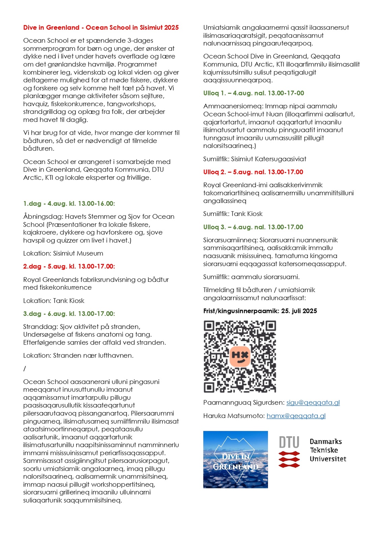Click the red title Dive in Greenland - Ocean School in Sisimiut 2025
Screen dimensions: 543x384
pyautogui.click(x=101, y=28)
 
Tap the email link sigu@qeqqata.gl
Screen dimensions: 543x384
pyautogui.click(x=313, y=403)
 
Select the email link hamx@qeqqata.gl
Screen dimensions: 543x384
pyautogui.click(x=296, y=416)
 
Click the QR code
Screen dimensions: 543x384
pyautogui.click(x=240, y=356)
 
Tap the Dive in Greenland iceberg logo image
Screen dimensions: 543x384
pyautogui.click(x=235, y=459)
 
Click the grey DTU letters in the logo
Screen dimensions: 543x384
pyautogui.click(x=289, y=442)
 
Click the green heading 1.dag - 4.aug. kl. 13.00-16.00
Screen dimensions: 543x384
pyautogui.click(x=69, y=203)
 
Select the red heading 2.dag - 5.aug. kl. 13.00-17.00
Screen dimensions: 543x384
pyautogui.click(x=69, y=266)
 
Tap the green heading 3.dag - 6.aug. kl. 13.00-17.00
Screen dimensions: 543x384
pyautogui.click(x=69, y=314)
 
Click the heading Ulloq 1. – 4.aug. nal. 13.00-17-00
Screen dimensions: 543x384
pyautogui.click(x=254, y=93)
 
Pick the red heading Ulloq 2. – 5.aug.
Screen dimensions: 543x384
pyautogui.click(x=253, y=172)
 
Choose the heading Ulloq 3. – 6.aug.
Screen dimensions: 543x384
pyautogui.click(x=253, y=227)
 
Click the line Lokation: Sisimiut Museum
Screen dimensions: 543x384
pyautogui.click(x=63, y=253)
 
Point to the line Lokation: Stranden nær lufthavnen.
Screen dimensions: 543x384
pyautogui.click(x=78, y=355)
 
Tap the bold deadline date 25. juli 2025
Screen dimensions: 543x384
pyautogui.click(x=299, y=311)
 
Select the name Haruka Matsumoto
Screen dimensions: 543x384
pyautogui.click(x=234, y=416)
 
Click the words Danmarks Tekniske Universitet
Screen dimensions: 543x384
pyautogui.click(x=327, y=450)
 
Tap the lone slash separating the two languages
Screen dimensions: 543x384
pyautogui.click(x=25, y=369)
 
